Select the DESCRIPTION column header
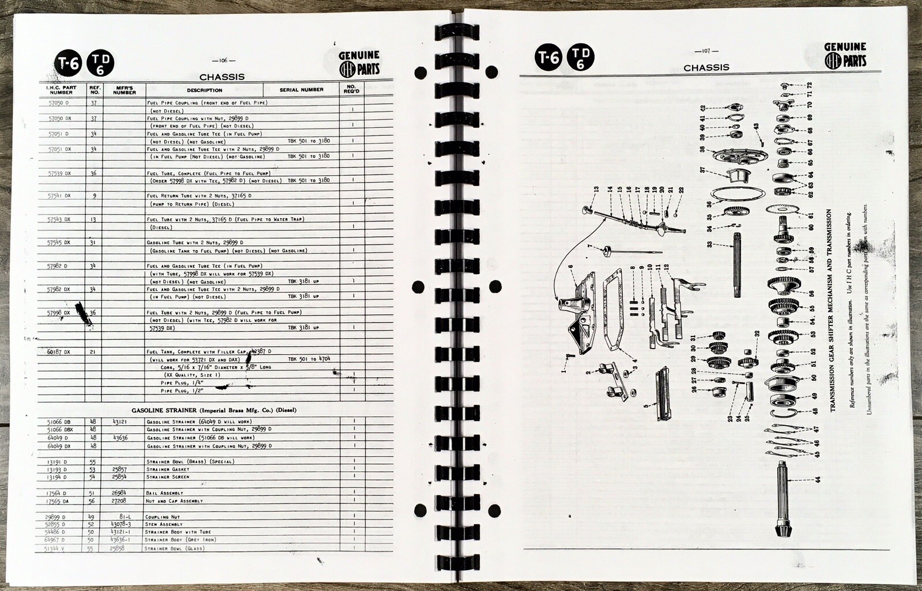click(205, 90)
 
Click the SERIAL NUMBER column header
click(301, 90)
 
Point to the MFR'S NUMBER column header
click(124, 90)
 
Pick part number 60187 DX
click(59, 352)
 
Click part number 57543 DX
click(59, 219)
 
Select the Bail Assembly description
click(165, 493)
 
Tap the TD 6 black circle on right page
click(581, 59)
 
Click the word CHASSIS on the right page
click(706, 67)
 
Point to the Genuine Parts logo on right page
click(845, 55)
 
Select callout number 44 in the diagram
click(817, 478)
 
